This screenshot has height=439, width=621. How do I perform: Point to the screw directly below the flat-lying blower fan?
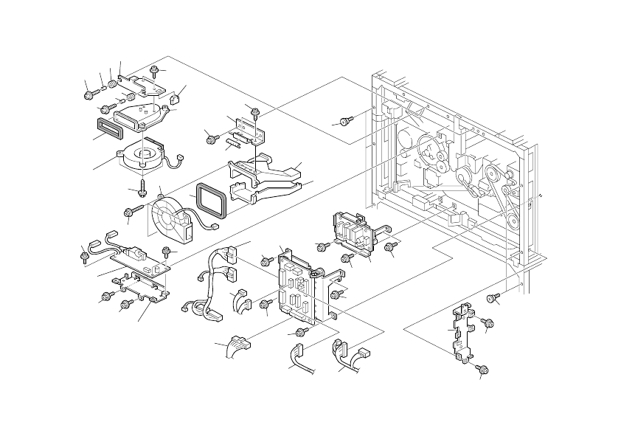coord(140,184)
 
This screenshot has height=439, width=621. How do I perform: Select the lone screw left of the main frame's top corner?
coord(345,120)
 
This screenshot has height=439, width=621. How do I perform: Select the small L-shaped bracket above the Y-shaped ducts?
coord(248,128)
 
